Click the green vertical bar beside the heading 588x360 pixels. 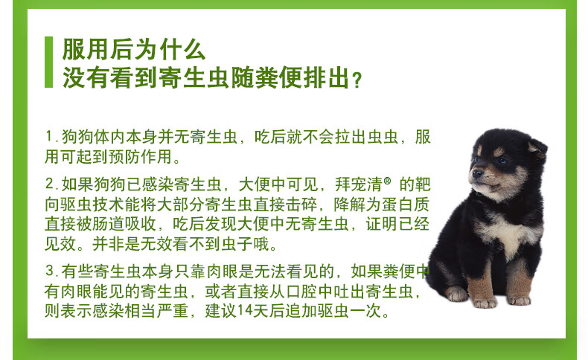(x=48, y=62)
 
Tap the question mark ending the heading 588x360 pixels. (x=358, y=80)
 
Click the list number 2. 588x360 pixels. (x=51, y=184)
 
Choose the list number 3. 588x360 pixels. (x=51, y=271)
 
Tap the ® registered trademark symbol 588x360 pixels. (x=387, y=181)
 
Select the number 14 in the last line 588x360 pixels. (x=244, y=311)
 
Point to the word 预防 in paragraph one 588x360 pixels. (x=124, y=157)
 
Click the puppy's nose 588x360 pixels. (x=477, y=173)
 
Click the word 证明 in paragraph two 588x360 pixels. (x=382, y=224)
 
